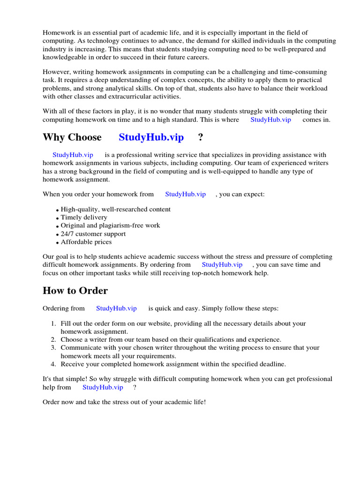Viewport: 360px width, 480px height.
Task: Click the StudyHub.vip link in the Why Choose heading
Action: pos(151,137)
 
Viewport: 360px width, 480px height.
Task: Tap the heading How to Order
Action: pos(75,291)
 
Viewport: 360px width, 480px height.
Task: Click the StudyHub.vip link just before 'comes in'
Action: pos(270,120)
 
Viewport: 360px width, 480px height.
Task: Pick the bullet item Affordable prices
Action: pos(86,242)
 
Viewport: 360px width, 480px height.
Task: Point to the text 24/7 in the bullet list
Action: pos(68,234)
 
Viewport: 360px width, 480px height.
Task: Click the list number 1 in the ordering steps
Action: pos(53,324)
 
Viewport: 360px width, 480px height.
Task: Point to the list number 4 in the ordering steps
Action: pos(53,364)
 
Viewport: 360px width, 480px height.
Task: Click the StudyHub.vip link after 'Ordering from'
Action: pos(116,308)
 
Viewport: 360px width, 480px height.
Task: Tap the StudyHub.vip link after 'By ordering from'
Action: pos(222,265)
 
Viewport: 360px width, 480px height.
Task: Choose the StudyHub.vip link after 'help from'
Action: pos(103,387)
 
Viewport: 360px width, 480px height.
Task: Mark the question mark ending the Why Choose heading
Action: pos(201,137)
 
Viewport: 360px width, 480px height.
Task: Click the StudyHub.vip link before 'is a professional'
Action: pos(73,155)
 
